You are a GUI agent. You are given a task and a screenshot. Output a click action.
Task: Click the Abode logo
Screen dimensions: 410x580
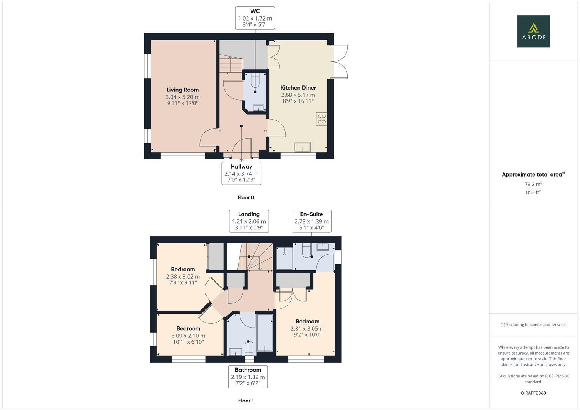pos(533,31)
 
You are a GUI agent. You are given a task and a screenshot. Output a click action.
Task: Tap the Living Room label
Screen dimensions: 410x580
pos(182,90)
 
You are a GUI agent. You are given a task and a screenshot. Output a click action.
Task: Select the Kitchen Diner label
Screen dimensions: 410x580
pos(298,88)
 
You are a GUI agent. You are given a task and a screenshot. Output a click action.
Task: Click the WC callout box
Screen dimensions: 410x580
pos(255,18)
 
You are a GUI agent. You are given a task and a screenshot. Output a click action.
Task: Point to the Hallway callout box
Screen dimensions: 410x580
pos(241,173)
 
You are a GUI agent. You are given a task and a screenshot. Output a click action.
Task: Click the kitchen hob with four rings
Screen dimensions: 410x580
pos(321,119)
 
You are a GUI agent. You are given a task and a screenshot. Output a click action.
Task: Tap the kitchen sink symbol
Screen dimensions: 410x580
pos(302,147)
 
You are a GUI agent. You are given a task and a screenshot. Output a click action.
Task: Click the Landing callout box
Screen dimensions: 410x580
pos(249,221)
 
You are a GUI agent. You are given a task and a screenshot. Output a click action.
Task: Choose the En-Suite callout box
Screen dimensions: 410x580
pos(311,221)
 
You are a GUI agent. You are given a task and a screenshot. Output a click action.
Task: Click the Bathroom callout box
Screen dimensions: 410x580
pos(248,377)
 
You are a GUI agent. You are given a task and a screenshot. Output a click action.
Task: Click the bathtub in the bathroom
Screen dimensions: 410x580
pos(264,333)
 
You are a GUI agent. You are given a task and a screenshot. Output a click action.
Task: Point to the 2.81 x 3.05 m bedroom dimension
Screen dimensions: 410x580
pos(307,329)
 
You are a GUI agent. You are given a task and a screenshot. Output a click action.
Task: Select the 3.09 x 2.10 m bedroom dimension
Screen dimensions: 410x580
pos(188,336)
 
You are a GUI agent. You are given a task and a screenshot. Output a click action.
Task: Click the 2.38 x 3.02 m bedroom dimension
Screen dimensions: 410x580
pos(183,277)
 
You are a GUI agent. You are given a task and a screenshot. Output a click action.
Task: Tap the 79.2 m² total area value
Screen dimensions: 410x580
pos(533,184)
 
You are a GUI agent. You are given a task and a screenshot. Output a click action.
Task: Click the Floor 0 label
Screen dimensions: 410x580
pos(246,197)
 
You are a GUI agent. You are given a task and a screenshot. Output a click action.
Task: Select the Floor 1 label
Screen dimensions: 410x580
pos(246,401)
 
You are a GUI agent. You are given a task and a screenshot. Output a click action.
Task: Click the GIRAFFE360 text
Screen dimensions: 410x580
pos(533,393)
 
